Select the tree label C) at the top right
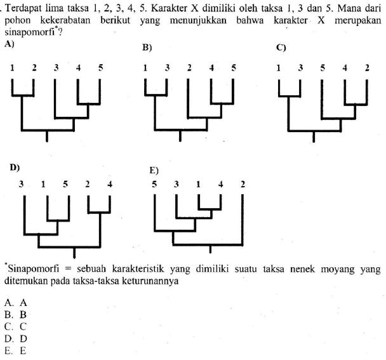click(281, 47)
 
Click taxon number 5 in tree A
click(100, 67)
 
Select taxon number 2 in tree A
click(34, 67)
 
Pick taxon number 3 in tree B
click(168, 67)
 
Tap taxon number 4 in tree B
click(212, 67)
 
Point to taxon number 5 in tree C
click(323, 67)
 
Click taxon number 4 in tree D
click(110, 185)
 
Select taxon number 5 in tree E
click(154, 185)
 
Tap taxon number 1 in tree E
click(197, 185)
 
